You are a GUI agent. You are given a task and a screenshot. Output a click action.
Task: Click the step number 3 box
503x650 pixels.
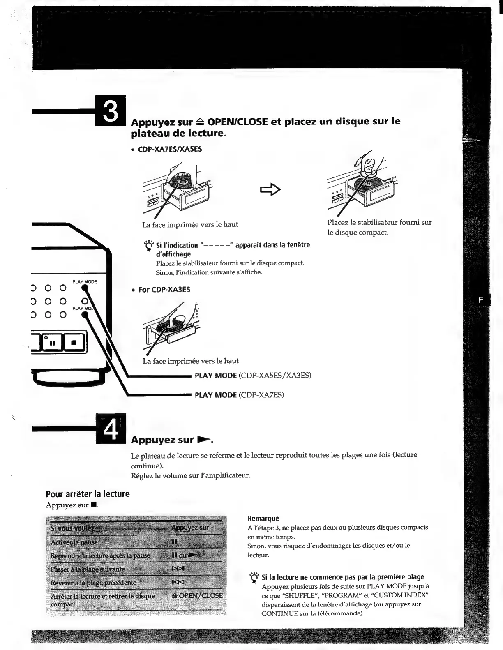[111, 110]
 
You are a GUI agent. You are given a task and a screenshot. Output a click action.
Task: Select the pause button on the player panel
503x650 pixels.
[53, 342]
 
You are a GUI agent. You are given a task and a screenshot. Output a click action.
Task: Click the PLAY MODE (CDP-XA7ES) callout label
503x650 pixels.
[239, 395]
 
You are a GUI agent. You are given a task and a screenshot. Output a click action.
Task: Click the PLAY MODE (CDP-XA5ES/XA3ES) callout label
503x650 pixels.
[253, 375]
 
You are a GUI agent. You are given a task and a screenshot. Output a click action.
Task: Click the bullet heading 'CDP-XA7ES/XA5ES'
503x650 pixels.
[170, 149]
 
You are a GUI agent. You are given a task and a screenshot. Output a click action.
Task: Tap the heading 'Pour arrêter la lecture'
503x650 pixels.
[88, 494]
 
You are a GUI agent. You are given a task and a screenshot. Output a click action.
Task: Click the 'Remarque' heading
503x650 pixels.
[263, 519]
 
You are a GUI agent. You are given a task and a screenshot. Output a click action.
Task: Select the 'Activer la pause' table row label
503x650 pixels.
[74, 542]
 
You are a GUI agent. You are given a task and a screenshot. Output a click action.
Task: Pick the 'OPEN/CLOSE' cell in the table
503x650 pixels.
[198, 595]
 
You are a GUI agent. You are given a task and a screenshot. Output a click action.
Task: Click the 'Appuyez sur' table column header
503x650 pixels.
[190, 528]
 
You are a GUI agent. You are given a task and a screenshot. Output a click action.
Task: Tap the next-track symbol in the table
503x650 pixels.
[178, 569]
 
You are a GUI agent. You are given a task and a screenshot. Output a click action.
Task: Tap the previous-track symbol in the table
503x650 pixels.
[178, 582]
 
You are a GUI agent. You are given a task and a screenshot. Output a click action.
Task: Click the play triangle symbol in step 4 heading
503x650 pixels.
[204, 440]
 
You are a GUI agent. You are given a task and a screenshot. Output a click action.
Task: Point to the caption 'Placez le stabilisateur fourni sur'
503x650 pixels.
[379, 222]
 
